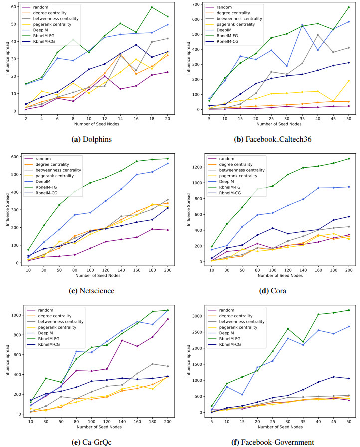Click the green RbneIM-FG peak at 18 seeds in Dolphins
pos(152,7)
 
